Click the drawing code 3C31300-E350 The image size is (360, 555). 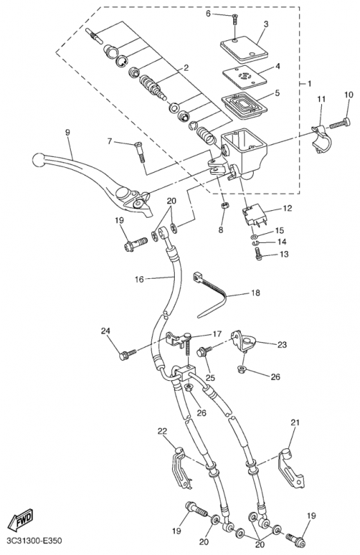[34, 541]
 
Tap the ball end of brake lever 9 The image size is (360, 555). [38, 160]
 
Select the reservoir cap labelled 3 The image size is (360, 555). [244, 52]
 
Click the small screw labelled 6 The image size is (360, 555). [234, 19]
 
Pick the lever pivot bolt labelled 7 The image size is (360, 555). [140, 152]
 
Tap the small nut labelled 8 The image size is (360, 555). [223, 205]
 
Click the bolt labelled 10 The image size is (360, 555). [340, 124]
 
